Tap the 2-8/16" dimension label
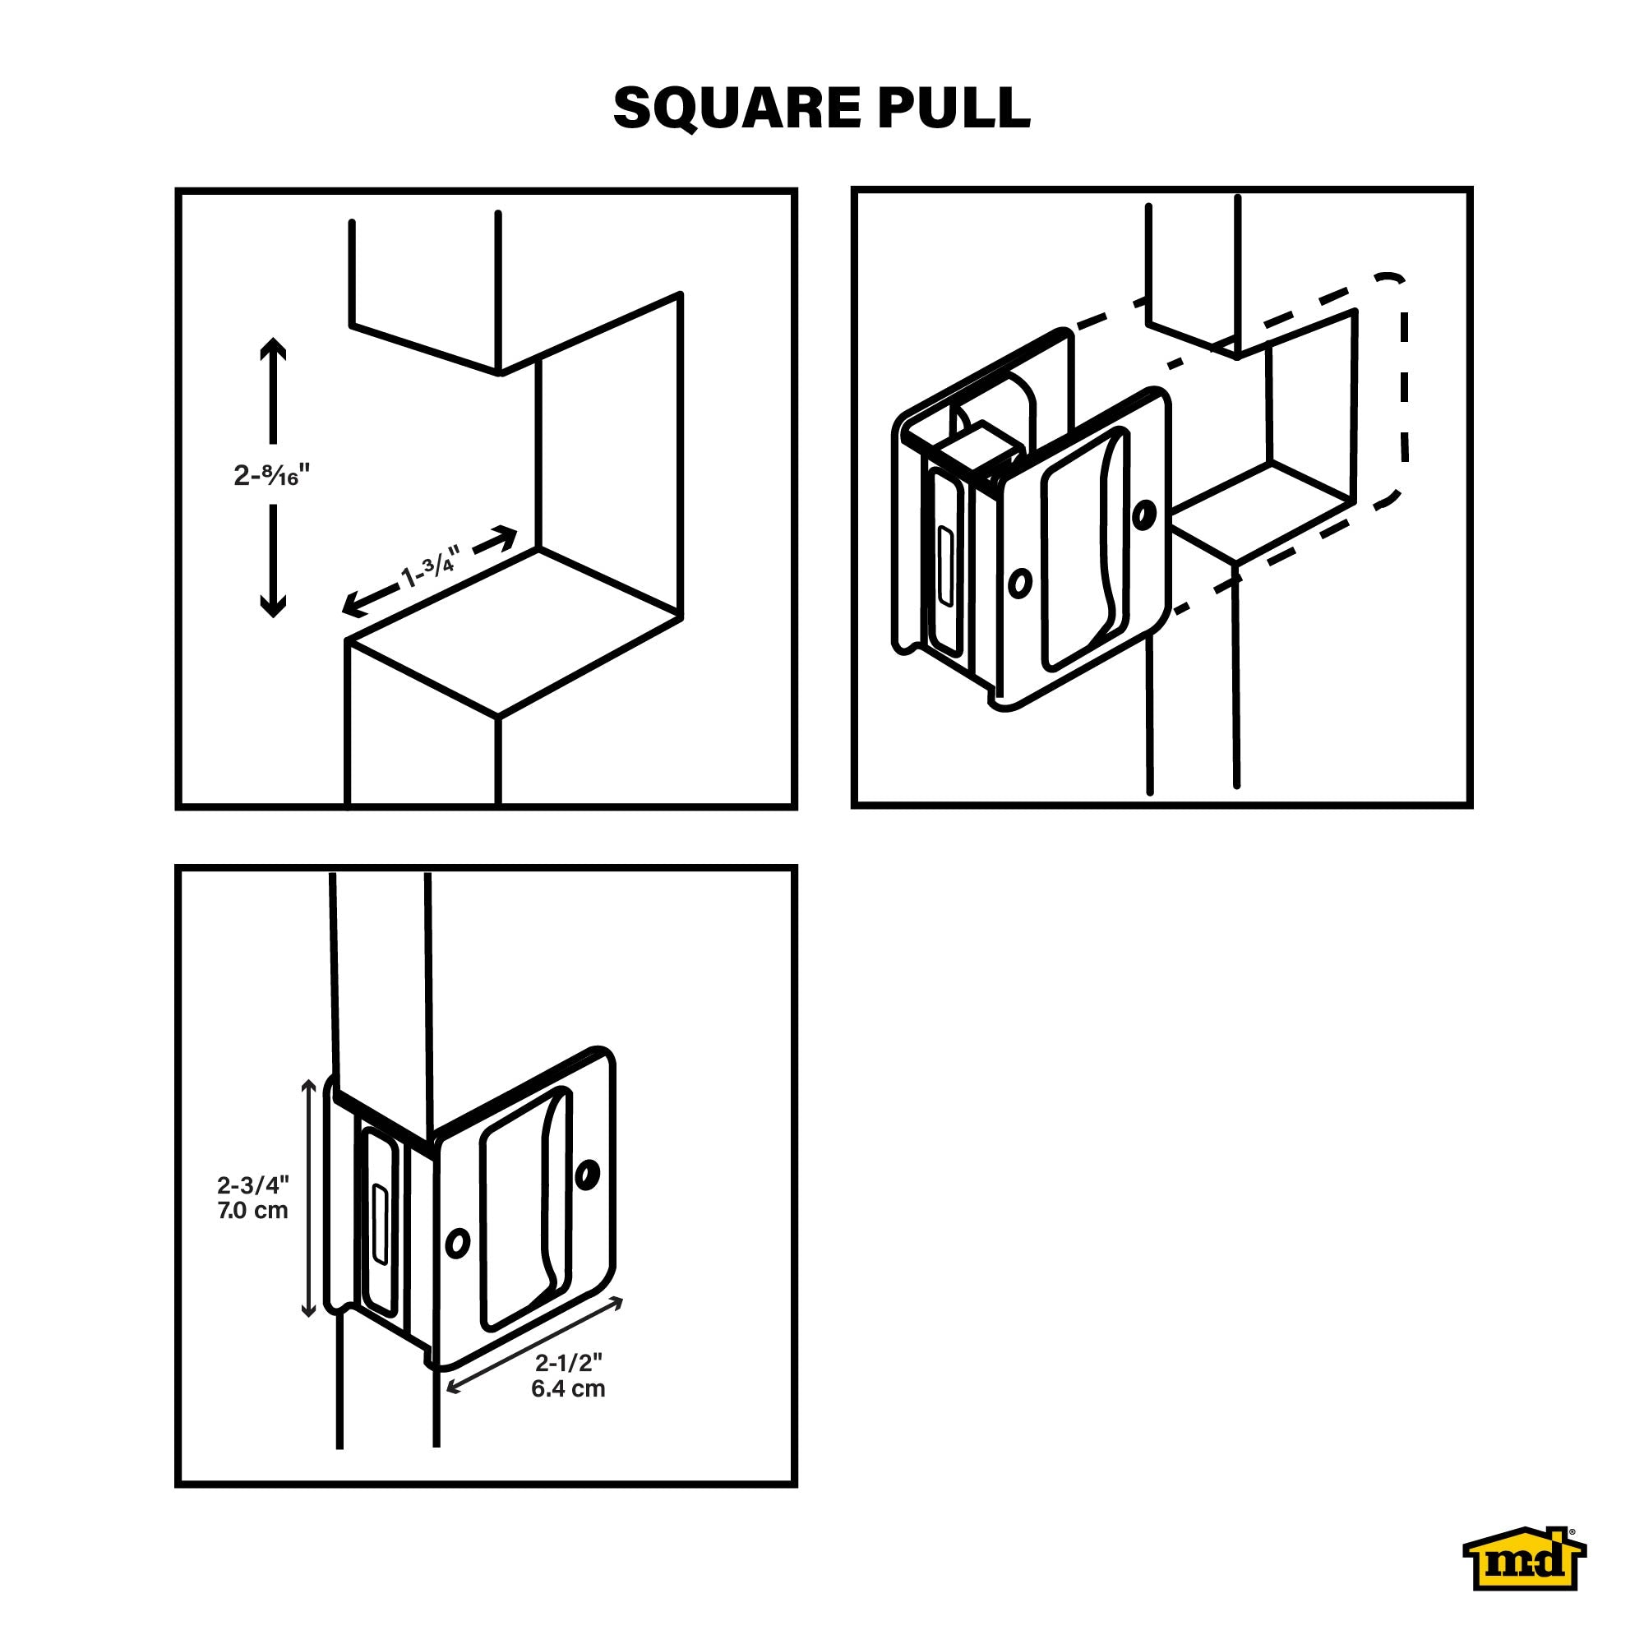(x=272, y=475)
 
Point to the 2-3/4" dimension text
(x=253, y=1185)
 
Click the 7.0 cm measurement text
(x=252, y=1210)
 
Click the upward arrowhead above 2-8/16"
(x=272, y=351)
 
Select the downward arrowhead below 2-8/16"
(x=272, y=605)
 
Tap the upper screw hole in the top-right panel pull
(x=1144, y=513)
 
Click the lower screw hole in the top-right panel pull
(x=1019, y=583)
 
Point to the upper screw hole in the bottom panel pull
(x=586, y=1175)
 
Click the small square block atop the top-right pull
(x=981, y=442)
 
